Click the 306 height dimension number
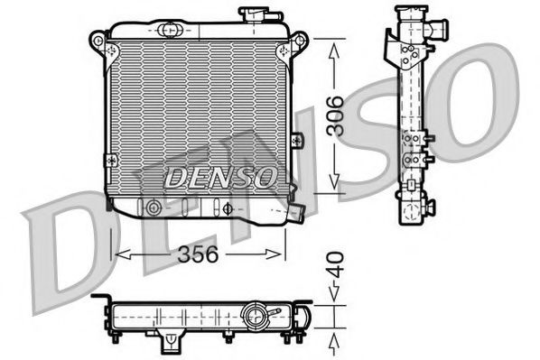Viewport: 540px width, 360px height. (x=335, y=115)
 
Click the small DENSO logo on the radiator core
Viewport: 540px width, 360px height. (x=219, y=177)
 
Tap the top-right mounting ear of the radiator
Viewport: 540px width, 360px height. (x=300, y=42)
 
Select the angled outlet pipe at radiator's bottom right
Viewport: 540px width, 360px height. (x=296, y=214)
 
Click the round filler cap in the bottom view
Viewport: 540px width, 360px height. (x=255, y=317)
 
